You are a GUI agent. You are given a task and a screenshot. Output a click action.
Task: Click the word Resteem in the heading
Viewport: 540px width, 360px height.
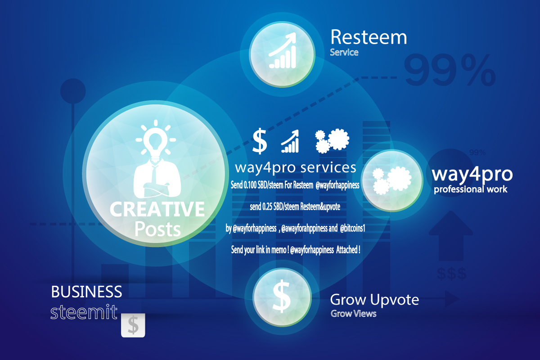tap(369, 37)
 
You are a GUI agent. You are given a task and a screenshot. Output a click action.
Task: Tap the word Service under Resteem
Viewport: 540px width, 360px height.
tap(344, 52)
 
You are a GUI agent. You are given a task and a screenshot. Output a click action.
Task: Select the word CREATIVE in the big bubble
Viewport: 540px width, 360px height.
tap(157, 209)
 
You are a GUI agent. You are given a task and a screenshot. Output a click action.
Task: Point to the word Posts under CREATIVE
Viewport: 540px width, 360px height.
tap(157, 229)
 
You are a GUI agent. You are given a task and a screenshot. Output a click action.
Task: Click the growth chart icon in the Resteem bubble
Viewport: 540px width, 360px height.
tap(283, 50)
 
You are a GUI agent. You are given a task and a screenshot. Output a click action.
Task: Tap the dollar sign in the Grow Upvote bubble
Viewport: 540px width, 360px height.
tap(281, 297)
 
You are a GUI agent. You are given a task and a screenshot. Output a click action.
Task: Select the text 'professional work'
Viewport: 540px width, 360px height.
tap(471, 189)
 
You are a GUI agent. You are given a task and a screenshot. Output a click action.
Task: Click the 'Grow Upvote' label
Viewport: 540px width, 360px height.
tap(374, 300)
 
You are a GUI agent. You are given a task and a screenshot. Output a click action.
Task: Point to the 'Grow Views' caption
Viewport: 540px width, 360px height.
tap(353, 314)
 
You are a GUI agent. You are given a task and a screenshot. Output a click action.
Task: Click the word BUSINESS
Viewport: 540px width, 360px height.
tap(86, 292)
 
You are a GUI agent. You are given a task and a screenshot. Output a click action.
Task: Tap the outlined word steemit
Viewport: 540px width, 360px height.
tap(84, 312)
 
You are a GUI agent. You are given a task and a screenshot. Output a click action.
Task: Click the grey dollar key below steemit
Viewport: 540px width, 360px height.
tap(133, 325)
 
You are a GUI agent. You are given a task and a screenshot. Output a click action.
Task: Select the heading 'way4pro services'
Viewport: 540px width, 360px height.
tap(296, 167)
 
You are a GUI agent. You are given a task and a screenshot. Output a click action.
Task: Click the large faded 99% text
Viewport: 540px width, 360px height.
tap(450, 70)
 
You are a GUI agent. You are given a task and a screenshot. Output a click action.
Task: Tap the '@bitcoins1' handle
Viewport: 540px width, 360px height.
tap(353, 228)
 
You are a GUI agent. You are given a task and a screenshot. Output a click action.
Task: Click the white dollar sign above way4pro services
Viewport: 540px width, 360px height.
tap(260, 141)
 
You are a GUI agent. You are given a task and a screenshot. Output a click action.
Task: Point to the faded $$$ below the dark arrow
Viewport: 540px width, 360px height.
tap(451, 274)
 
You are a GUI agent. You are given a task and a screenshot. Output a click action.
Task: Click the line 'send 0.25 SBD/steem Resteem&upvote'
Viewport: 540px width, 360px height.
tap(295, 207)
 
